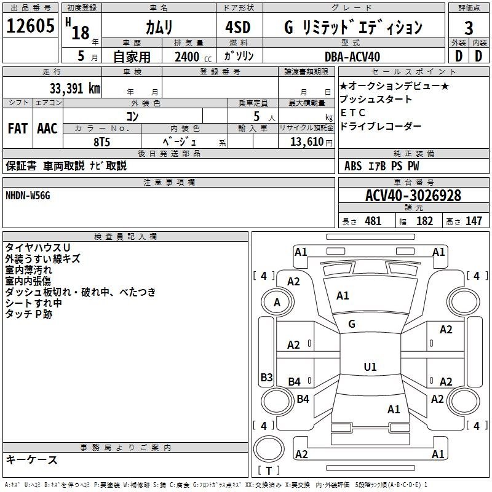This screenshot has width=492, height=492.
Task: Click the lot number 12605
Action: pos(30,26)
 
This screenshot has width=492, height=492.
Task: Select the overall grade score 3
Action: pos(469,28)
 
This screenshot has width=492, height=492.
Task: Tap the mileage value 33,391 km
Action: pos(74,89)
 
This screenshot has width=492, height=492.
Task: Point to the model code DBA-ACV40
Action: pos(352,57)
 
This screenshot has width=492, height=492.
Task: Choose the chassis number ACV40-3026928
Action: pos(413,196)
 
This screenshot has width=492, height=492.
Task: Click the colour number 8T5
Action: pos(101,142)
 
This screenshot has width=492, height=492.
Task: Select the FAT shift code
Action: pos(18,129)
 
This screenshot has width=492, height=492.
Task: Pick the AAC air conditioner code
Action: pos(47,129)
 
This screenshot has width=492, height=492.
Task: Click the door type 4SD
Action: pos(238,27)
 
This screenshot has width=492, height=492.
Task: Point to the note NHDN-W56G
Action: pos(28,196)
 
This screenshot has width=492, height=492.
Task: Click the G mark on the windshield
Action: pos(352,324)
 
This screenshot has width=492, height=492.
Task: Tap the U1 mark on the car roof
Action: pos(370,367)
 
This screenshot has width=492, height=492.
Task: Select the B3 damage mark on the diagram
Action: pos(266,377)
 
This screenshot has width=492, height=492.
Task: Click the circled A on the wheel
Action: pos(277,303)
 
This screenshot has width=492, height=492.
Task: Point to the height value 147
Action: pos(474,221)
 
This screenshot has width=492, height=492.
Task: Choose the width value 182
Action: pos(424,221)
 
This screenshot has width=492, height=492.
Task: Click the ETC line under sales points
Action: pos(353,113)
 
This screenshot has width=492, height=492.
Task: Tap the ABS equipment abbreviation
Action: pos(353,166)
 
